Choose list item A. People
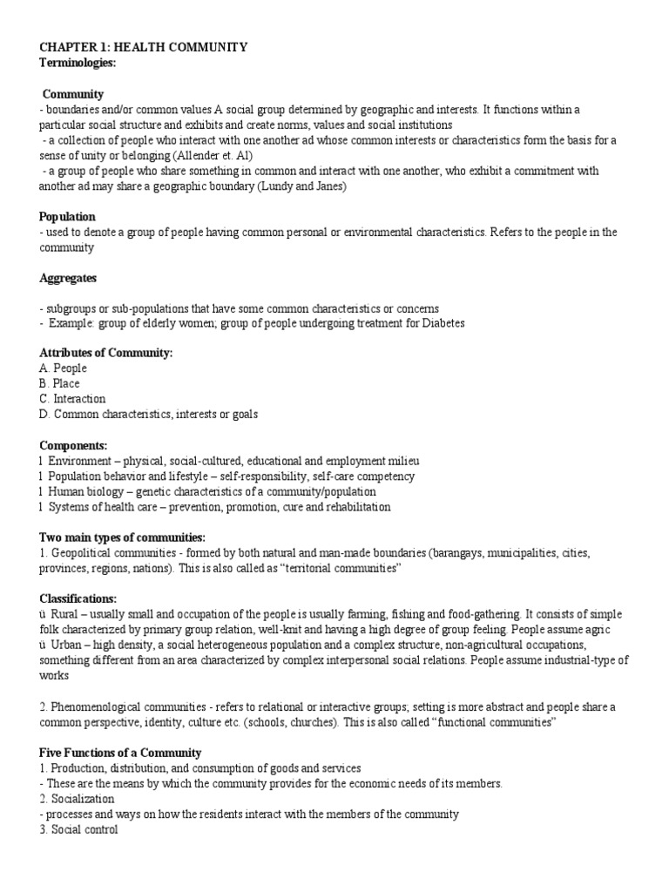(x=64, y=368)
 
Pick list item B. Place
(x=60, y=383)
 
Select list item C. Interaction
(x=72, y=399)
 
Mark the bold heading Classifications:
(x=78, y=598)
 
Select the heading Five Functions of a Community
(x=120, y=753)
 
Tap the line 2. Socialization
(x=78, y=799)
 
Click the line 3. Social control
(x=79, y=829)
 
